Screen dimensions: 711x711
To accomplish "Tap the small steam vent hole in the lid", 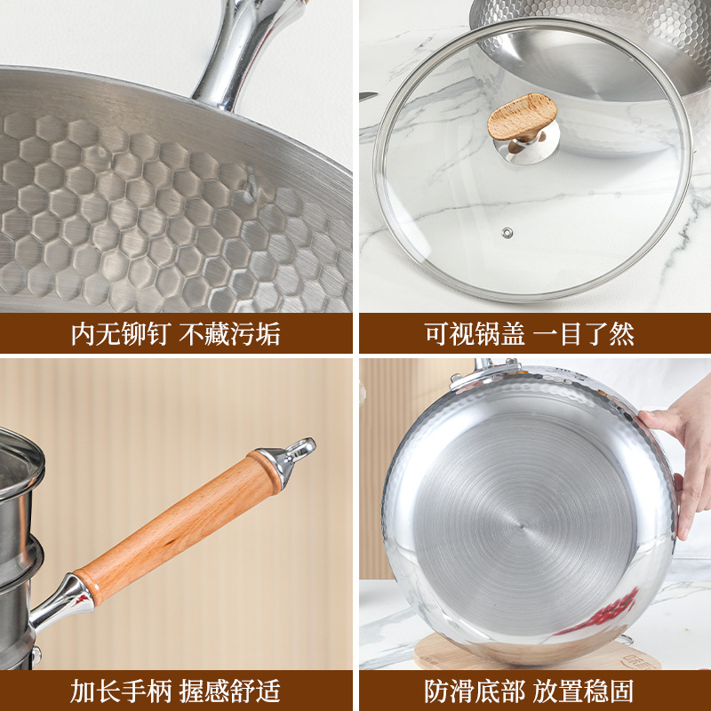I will [507, 233].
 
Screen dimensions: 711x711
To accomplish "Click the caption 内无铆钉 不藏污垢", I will [176, 334].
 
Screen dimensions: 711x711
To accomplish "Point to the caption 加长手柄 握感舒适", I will [176, 691].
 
